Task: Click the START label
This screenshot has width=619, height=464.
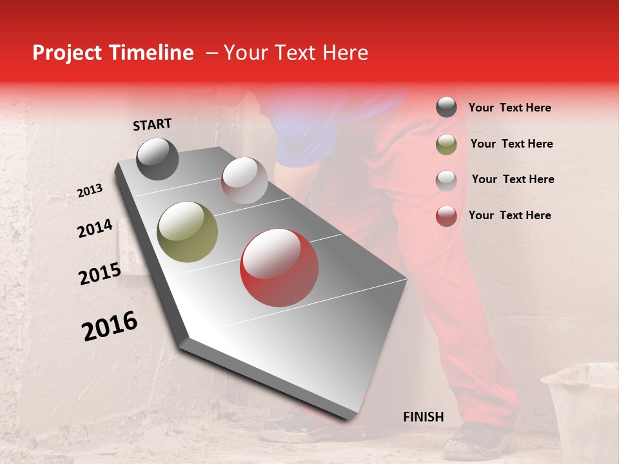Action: (152, 124)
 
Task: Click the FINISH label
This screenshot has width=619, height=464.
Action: (423, 417)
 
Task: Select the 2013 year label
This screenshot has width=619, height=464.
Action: (90, 191)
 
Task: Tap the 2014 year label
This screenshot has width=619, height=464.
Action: (95, 229)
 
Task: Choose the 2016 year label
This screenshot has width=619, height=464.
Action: (110, 326)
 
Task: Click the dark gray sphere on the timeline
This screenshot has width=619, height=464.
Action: (157, 159)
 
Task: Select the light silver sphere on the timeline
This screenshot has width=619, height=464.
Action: (244, 180)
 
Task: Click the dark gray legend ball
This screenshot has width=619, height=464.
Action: (446, 108)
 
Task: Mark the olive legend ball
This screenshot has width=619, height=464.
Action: (446, 144)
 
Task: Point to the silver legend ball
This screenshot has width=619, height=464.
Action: (446, 180)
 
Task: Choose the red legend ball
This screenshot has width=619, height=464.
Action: (446, 216)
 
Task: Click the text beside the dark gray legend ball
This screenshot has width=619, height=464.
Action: (509, 108)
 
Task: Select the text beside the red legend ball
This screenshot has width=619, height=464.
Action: (509, 215)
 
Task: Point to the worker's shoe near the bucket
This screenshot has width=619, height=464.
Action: (480, 441)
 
